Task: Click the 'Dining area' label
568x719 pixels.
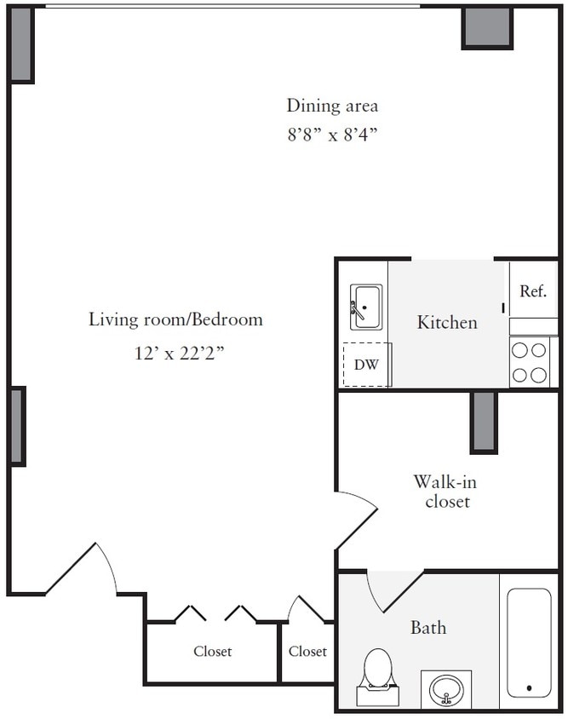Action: [331, 106]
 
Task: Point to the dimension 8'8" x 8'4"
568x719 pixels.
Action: [331, 135]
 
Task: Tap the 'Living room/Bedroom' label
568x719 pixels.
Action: [175, 319]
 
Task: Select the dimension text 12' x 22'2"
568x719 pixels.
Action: [175, 352]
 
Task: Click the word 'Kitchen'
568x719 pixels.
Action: [447, 323]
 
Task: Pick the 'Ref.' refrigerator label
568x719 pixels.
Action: [533, 290]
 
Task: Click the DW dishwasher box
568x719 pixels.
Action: [366, 365]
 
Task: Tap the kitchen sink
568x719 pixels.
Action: [366, 307]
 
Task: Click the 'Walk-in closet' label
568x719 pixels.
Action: [441, 492]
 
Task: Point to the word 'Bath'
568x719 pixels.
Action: [427, 628]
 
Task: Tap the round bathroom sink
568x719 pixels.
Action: [447, 688]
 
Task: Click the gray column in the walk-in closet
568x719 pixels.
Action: [483, 422]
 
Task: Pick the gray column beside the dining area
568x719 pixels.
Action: [487, 27]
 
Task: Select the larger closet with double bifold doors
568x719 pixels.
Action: [212, 652]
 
